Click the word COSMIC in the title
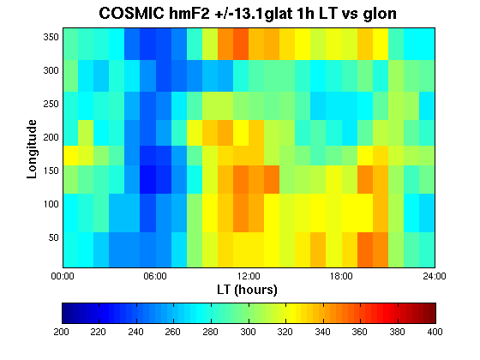132,14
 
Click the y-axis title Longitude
32,149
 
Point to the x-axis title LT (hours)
247,290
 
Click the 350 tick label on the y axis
51,37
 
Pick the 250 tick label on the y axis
51,104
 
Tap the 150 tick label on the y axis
51,171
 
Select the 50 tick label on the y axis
53,237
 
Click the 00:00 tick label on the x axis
63,276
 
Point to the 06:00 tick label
155,276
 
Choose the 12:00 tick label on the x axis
249,276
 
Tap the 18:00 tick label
341,276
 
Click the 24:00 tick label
435,276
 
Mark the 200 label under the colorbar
61,332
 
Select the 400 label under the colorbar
435,332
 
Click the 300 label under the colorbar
248,332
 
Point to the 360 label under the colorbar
360,332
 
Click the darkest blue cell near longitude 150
147,180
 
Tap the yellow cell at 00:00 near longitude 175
70,156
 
